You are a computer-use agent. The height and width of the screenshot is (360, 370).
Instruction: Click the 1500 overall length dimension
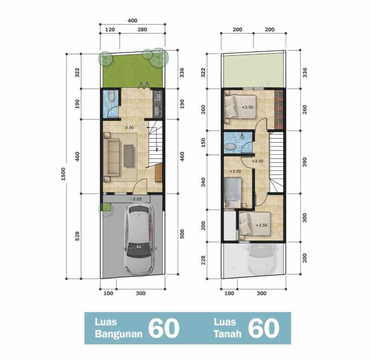tap(63, 174)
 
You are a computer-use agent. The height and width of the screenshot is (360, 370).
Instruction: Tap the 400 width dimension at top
tap(133, 21)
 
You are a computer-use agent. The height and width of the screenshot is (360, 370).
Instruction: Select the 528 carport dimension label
tap(77, 236)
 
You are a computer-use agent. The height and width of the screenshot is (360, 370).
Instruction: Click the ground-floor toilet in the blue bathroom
tap(111, 96)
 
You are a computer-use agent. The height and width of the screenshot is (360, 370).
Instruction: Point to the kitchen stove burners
tap(158, 96)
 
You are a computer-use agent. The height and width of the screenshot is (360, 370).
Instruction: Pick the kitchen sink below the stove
tap(158, 110)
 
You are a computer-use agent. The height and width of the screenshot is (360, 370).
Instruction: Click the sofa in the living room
tap(112, 157)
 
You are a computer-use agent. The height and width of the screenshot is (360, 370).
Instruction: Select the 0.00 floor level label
tap(129, 128)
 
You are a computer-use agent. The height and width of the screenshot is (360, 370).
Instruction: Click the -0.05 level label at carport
tap(136, 199)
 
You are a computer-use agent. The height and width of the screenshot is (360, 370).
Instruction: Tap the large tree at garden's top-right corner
tap(159, 57)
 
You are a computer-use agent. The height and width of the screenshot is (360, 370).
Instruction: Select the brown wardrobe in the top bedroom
tap(279, 110)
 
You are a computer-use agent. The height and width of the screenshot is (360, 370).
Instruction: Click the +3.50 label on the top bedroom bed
tap(248, 107)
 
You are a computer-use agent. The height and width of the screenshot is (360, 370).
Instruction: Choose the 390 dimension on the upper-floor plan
tap(305, 162)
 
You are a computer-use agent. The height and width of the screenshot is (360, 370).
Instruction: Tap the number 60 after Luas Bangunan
tap(164, 328)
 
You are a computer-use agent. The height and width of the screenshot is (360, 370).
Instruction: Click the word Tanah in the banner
tap(227, 334)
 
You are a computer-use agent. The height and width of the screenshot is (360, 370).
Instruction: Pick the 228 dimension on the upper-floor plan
tap(203, 260)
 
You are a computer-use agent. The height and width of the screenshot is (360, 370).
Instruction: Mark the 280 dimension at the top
tap(142, 29)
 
